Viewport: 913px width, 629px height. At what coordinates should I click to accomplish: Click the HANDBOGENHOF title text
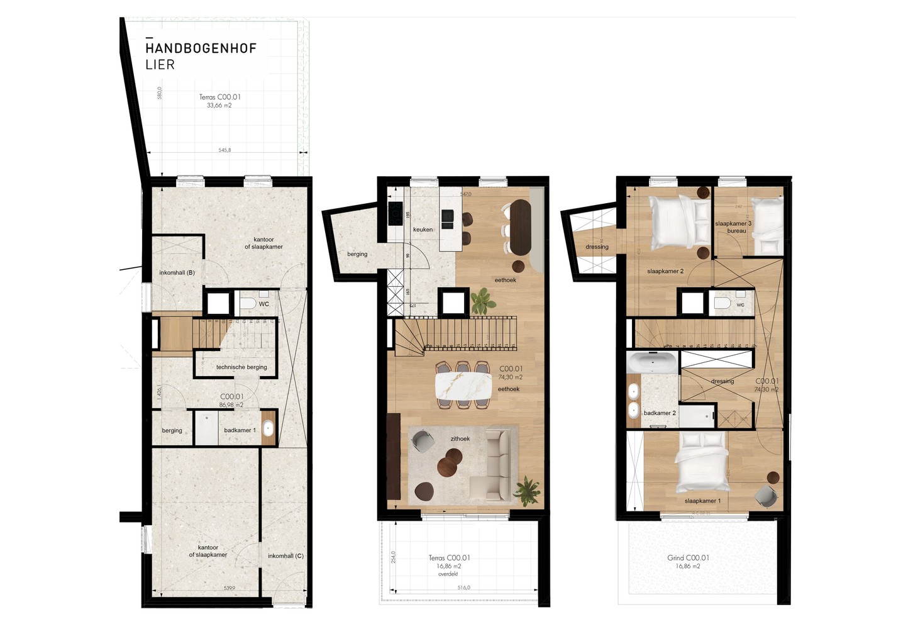[x=201, y=48]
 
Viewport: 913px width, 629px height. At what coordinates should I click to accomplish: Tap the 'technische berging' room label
[x=241, y=367]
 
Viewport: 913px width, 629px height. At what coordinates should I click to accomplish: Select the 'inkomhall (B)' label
[x=177, y=273]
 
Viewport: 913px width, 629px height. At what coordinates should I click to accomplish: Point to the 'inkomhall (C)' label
[x=285, y=556]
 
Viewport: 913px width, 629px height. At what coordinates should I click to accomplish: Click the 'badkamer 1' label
[x=240, y=430]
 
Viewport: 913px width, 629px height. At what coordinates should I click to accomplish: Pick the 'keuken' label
[x=423, y=230]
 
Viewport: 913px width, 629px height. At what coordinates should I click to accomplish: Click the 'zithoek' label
[x=460, y=439]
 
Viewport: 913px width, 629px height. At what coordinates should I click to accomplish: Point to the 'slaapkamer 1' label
[x=702, y=501]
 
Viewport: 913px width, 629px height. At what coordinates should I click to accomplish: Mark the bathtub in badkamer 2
[x=652, y=364]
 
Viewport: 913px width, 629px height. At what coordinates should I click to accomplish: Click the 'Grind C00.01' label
[x=688, y=558]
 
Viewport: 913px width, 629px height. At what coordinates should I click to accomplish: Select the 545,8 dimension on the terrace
[x=224, y=150]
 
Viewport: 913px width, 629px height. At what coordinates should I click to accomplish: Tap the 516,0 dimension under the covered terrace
[x=463, y=587]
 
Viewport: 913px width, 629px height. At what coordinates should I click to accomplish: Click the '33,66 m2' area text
[x=219, y=106]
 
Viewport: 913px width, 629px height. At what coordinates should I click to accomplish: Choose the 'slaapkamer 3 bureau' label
[x=733, y=227]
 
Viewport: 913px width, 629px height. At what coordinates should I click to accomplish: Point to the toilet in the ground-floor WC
[x=247, y=304]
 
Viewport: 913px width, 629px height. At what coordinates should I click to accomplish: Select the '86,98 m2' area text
[x=231, y=405]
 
